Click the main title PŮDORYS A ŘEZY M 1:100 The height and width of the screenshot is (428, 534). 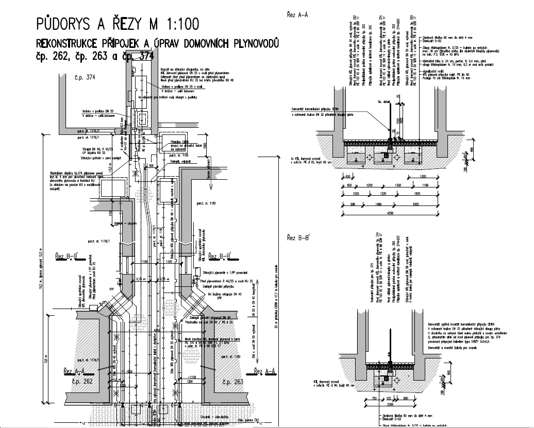(116, 24)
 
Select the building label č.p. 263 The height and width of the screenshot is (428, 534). (232, 382)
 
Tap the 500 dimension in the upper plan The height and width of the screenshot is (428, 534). (151, 166)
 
